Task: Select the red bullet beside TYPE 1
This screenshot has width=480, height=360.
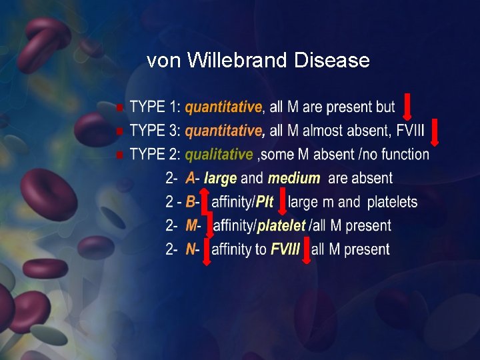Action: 119,108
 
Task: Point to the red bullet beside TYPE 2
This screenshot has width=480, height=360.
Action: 119,155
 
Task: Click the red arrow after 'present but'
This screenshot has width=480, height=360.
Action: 406,107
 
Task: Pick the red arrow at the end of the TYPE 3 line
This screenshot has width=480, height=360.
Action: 435,132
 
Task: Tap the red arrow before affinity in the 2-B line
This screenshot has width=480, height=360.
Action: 204,202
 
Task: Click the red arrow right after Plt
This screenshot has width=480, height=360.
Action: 281,202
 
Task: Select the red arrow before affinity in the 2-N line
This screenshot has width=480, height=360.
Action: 206,250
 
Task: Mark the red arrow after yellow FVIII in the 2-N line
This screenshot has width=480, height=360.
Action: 307,250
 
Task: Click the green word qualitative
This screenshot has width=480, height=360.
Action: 219,155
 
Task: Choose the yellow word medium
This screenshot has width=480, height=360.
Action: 294,179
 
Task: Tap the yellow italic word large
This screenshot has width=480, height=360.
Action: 220,179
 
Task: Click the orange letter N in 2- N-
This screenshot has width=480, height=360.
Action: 191,249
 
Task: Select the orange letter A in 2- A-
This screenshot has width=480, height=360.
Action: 191,179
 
